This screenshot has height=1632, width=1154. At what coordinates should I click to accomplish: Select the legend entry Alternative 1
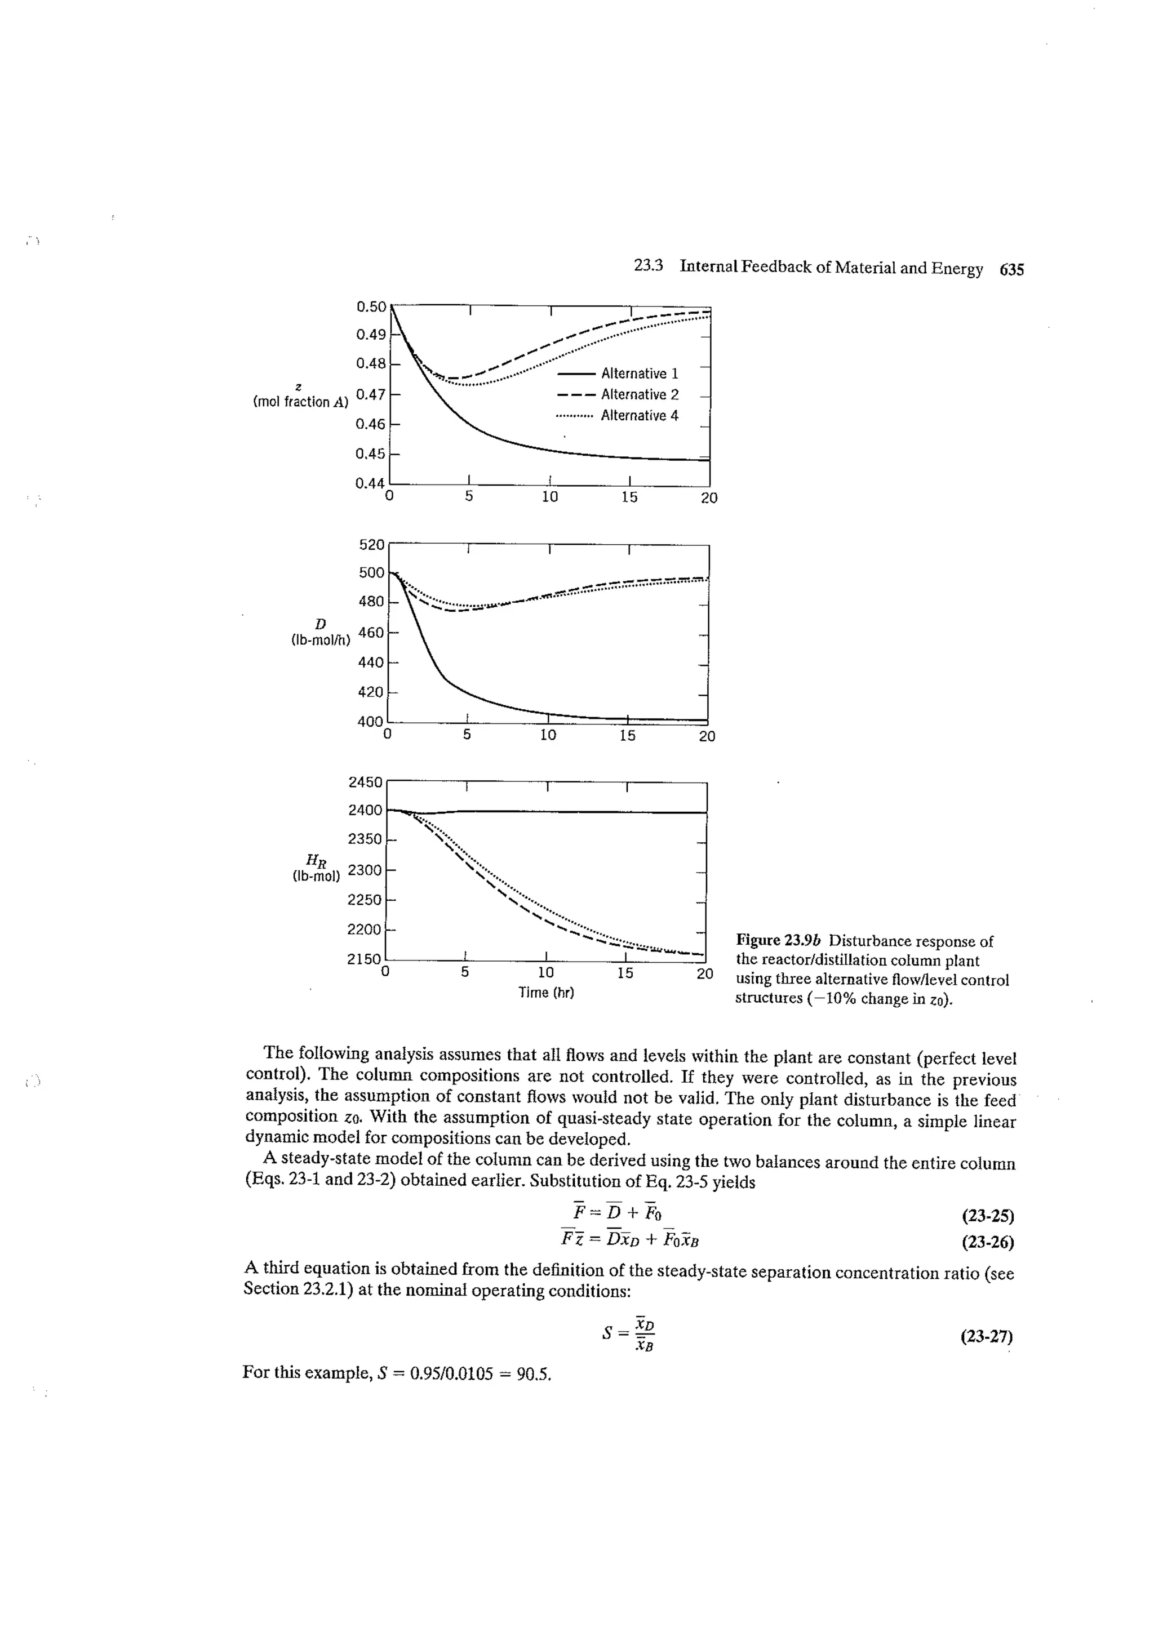pos(639,373)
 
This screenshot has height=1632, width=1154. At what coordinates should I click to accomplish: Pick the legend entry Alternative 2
pos(639,394)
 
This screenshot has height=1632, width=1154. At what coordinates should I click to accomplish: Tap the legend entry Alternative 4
pos(639,415)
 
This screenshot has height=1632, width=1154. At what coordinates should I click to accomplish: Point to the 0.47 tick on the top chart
pos(370,394)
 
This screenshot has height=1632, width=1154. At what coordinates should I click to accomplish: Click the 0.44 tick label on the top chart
pos(370,483)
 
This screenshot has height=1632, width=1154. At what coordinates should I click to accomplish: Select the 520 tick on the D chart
pos(371,545)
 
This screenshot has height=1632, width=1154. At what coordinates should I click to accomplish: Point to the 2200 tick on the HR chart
pos(365,929)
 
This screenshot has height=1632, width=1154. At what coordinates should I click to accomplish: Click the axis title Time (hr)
pos(545,992)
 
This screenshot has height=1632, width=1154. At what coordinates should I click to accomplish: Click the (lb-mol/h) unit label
pos(321,640)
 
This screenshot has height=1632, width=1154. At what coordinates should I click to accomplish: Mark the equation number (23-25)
pos(987,1216)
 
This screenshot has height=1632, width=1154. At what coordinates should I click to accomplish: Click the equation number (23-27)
pos(986,1336)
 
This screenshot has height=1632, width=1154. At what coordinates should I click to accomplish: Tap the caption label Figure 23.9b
pos(779,941)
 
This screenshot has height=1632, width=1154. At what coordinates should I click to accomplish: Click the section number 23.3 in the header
pos(648,266)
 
